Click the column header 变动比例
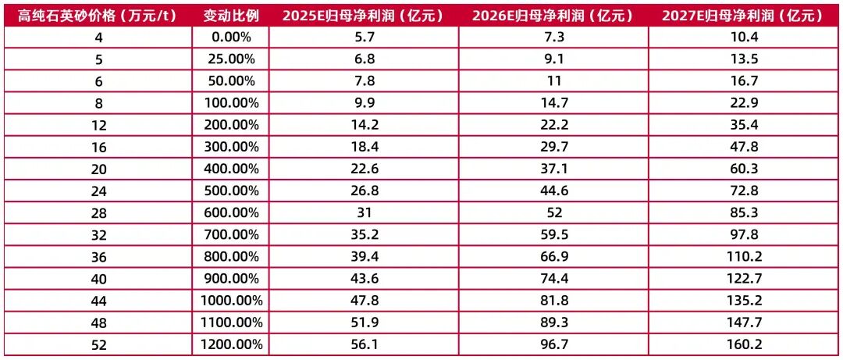(230, 15)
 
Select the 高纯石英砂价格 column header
(95, 15)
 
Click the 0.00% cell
(230, 37)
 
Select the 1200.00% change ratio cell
(230, 343)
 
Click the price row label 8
(95, 102)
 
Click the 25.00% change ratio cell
(230, 59)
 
